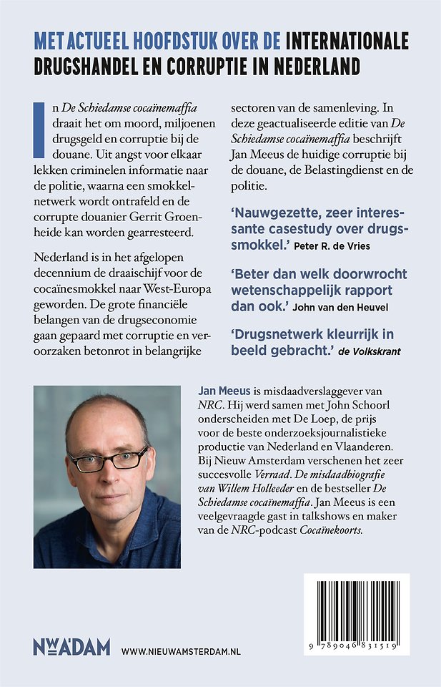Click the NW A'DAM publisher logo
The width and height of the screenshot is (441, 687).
71,648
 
